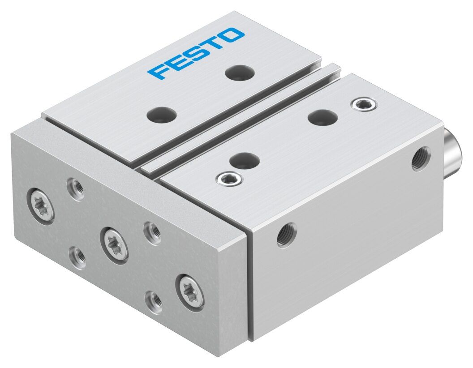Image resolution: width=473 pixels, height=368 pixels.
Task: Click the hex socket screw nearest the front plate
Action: pyautogui.click(x=230, y=180)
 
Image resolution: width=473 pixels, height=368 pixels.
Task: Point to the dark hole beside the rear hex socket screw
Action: pyautogui.click(x=322, y=117)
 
